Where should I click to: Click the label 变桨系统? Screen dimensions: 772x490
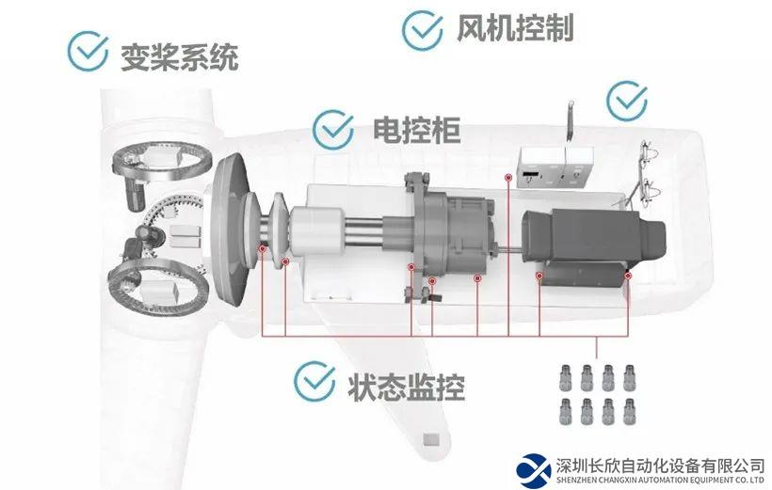pos(180,57)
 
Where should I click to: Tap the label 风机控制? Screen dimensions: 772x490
pos(515,27)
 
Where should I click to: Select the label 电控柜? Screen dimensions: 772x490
pos(416,131)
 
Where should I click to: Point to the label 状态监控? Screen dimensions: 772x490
pos(406,387)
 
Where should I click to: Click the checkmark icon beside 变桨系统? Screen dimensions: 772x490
pos(88,51)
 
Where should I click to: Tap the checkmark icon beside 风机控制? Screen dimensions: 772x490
pos(422,30)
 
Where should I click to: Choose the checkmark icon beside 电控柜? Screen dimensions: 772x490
pos(333,130)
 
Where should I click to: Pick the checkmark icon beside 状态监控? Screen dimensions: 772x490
pos(314,381)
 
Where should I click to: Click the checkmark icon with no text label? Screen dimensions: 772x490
pos(627,101)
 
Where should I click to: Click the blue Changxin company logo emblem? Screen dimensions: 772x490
pos(534,471)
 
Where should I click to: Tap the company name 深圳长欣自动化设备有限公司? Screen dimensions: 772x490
pos(661,465)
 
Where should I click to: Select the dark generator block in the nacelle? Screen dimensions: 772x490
pos(593,246)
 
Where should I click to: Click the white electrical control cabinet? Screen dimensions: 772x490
pos(555,166)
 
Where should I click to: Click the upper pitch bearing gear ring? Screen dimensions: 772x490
pos(162,162)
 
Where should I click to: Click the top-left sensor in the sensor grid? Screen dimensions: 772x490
pos(566,377)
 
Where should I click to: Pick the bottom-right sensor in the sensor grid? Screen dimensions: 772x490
pos(629,412)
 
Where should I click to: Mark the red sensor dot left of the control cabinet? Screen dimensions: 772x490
pos(508,177)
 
